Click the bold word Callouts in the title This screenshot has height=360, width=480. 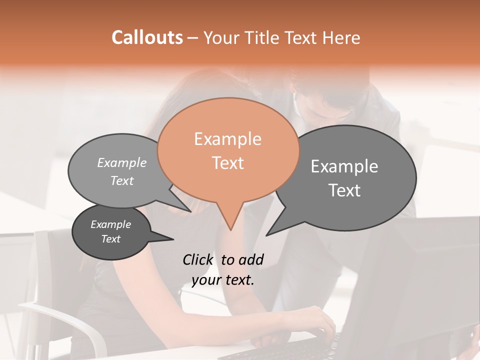click(x=147, y=37)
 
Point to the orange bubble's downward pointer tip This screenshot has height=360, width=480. click(x=230, y=229)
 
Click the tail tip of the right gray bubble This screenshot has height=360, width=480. click(x=266, y=235)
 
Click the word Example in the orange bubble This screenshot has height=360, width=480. click(x=227, y=139)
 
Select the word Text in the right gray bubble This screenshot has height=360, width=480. click(x=344, y=190)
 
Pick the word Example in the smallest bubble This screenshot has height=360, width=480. click(x=111, y=224)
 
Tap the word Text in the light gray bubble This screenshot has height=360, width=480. click(x=122, y=180)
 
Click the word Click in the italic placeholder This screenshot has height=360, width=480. click(x=198, y=259)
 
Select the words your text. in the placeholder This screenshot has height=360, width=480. click(x=223, y=280)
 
